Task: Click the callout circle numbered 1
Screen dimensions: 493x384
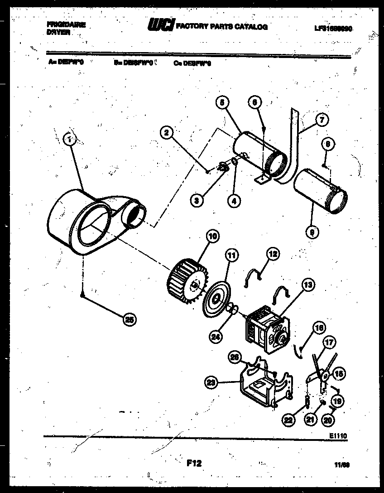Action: pos(69,140)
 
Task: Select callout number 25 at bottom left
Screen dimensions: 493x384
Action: pos(130,319)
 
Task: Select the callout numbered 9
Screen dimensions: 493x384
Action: pos(312,233)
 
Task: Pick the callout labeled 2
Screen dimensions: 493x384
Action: pos(167,132)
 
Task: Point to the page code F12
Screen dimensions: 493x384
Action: pos(194,463)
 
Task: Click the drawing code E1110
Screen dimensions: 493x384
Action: pos(338,436)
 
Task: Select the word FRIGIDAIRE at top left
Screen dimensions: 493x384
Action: pos(66,25)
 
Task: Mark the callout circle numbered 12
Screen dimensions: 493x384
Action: pos(273,255)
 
